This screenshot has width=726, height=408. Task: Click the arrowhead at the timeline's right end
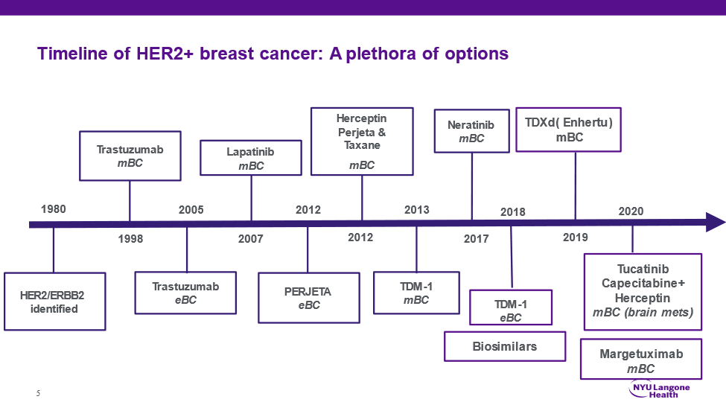click(x=715, y=223)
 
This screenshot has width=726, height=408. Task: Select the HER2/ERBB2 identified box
click(x=54, y=302)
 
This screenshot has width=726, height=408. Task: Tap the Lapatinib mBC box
click(x=251, y=159)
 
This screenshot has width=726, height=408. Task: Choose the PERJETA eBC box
click(x=308, y=298)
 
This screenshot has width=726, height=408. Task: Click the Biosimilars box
click(x=504, y=346)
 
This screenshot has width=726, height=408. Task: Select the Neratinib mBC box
click(x=471, y=132)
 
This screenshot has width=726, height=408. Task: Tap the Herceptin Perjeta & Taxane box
click(x=362, y=141)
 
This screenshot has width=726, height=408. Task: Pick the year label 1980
click(x=54, y=209)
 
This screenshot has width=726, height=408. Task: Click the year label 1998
click(x=130, y=239)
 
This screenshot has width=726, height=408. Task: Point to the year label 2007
click(x=251, y=239)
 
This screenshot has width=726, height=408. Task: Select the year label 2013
click(x=416, y=210)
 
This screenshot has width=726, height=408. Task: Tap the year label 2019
click(x=575, y=238)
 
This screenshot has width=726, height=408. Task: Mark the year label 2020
click(x=631, y=211)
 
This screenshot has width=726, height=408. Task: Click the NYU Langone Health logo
click(x=660, y=389)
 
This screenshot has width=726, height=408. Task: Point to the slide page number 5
click(x=38, y=392)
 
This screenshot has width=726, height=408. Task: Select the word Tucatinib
click(x=643, y=269)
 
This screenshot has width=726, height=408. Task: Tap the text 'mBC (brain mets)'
click(x=643, y=313)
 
